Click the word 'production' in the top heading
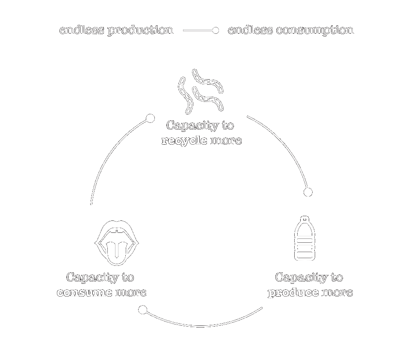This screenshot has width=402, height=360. tap(140, 30)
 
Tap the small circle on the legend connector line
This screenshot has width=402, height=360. tap(216, 30)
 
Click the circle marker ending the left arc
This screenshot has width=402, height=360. tap(150, 118)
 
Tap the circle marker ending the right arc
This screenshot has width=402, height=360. tap(308, 192)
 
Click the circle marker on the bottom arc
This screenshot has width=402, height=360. tap(143, 309)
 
